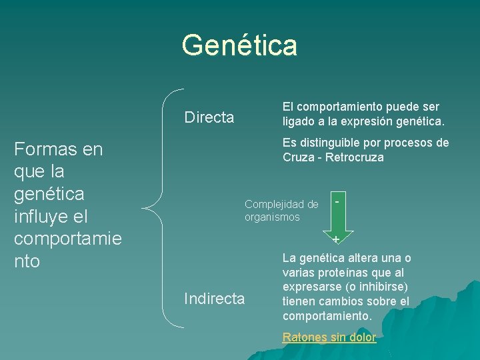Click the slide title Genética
(x=239, y=45)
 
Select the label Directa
(x=209, y=118)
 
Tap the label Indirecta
(x=214, y=299)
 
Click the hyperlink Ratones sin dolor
(x=329, y=337)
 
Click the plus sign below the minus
(x=336, y=239)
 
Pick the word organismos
(x=272, y=217)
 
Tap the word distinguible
(x=332, y=143)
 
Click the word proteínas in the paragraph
(x=348, y=273)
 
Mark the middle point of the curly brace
(x=148, y=207)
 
